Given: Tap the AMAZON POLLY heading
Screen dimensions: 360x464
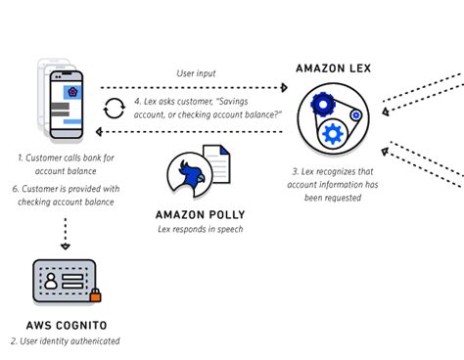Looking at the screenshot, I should tap(200, 214).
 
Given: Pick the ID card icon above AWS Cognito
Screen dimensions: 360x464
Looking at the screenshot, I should tap(65, 282).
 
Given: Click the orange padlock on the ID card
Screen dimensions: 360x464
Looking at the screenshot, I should tap(96, 295).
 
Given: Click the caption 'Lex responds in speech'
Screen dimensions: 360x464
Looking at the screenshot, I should tap(200, 230).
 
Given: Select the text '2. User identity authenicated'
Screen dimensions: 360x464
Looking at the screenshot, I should tap(65, 340).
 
